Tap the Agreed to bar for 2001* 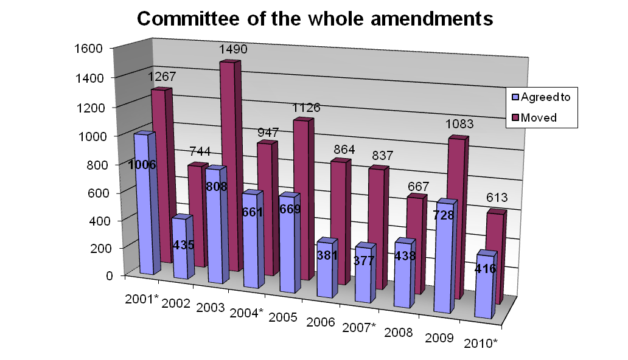pyautogui.click(x=142, y=207)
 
